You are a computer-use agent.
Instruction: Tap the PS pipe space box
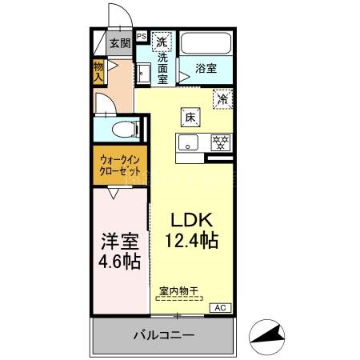click(141, 36)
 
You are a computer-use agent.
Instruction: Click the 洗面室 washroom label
click(162, 69)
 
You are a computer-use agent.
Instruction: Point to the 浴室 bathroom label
click(206, 68)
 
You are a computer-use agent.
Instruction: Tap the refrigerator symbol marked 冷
click(222, 99)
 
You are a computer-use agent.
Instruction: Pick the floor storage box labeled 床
click(190, 116)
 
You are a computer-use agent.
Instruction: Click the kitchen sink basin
click(189, 144)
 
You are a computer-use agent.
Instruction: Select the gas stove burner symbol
click(220, 142)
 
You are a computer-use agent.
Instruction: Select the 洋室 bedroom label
click(120, 241)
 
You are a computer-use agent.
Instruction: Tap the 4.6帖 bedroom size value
click(120, 262)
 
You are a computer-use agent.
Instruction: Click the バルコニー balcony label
click(163, 336)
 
